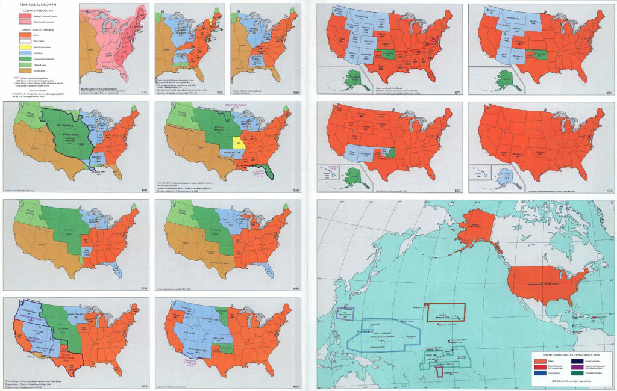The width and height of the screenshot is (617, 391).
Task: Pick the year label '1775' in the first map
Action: coord(143,92)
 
